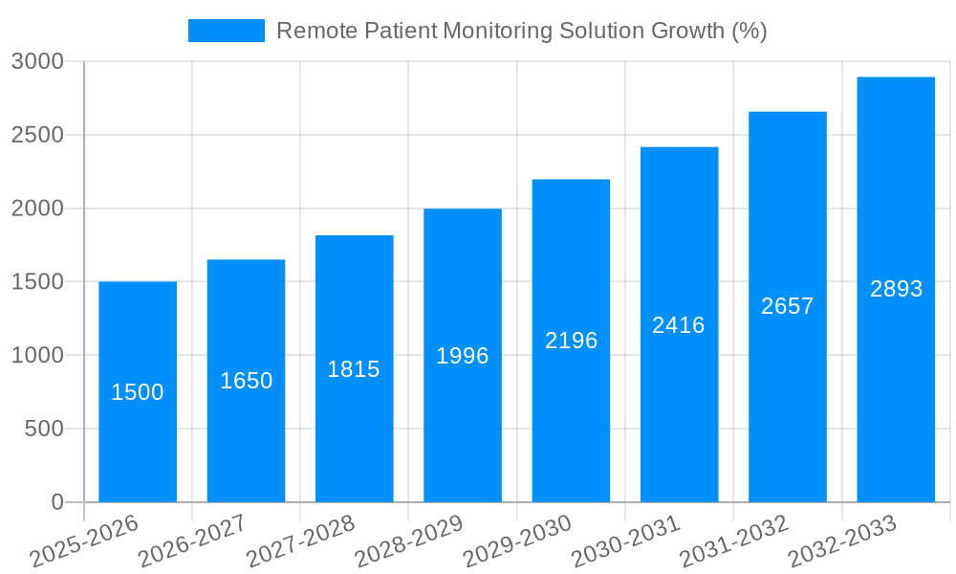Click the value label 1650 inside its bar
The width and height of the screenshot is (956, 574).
click(x=246, y=381)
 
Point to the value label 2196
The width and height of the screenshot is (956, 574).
click(x=571, y=341)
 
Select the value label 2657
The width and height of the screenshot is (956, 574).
click(x=787, y=306)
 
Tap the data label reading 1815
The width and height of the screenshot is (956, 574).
click(x=354, y=369)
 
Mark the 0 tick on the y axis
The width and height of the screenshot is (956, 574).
click(x=56, y=502)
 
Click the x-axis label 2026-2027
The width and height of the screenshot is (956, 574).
click(x=192, y=541)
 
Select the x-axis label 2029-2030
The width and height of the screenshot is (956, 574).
click(x=517, y=541)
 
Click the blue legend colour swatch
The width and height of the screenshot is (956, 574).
click(x=227, y=31)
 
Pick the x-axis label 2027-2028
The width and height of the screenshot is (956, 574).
click(x=300, y=541)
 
